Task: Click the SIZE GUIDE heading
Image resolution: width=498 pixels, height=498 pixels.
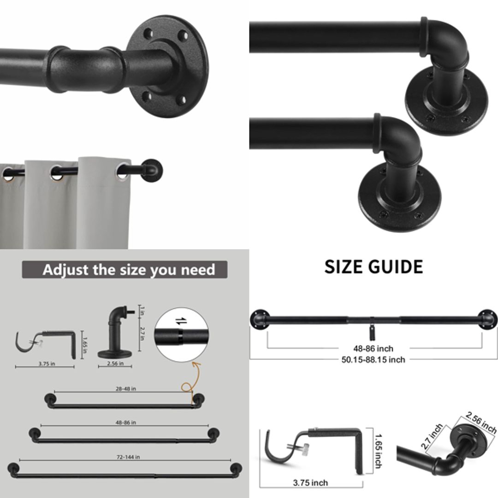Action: pos(373,267)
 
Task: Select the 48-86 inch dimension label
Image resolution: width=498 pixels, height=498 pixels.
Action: pos(374,349)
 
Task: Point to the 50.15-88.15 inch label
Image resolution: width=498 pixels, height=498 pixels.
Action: pos(373,360)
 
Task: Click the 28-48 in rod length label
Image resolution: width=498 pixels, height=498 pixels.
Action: pos(125,389)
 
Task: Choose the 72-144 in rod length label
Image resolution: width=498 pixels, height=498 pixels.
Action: pos(128,457)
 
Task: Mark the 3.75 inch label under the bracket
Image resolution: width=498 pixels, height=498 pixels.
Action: pos(310,483)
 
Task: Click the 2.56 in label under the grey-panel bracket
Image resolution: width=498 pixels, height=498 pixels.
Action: pos(115,363)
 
